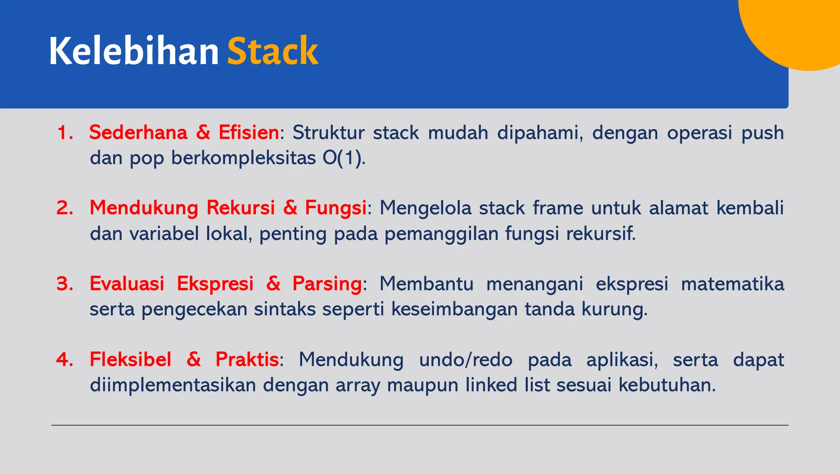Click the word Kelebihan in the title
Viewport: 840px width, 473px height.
coord(134,51)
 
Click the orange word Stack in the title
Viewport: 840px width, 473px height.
coord(273,51)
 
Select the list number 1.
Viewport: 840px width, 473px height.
coord(65,133)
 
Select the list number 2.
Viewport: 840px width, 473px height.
coord(65,208)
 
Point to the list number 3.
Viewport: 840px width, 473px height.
coord(65,284)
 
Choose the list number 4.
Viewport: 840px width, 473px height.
coord(65,360)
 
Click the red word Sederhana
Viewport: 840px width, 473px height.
coord(138,133)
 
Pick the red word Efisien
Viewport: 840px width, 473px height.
coord(249,133)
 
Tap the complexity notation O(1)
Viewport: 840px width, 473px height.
coord(344,158)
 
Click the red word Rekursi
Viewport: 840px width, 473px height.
coord(240,208)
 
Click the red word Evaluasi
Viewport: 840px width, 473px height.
coord(127,284)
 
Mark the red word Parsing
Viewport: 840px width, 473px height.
coord(327,284)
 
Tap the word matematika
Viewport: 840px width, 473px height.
coord(733,284)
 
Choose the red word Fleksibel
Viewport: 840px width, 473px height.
coord(130,360)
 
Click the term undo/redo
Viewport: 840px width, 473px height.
coord(466,360)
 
